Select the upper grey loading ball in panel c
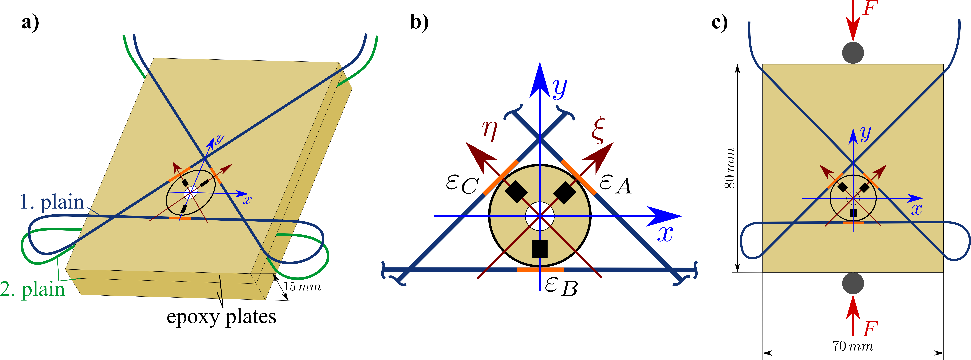point(853,52)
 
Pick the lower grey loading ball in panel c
point(853,283)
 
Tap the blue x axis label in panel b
point(665,234)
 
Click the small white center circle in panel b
point(539,216)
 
